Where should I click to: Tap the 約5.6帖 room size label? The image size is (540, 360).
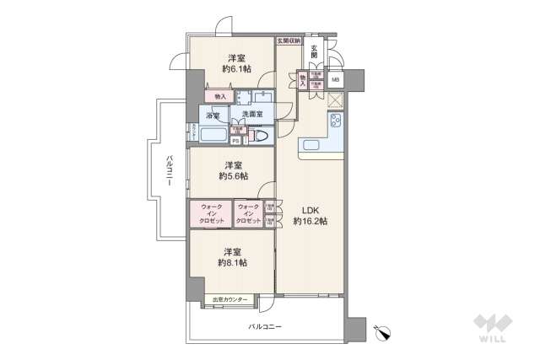tap(232, 176)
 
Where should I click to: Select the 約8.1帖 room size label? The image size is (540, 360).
tap(232, 262)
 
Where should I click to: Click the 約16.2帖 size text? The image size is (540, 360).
tap(310, 221)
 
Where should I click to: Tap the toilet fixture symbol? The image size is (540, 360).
tap(261, 136)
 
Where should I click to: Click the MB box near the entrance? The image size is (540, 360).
tap(336, 80)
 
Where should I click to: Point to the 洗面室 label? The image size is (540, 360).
tap(252, 115)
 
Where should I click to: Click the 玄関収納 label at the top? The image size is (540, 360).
tap(288, 40)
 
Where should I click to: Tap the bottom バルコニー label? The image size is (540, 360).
tap(264, 325)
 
